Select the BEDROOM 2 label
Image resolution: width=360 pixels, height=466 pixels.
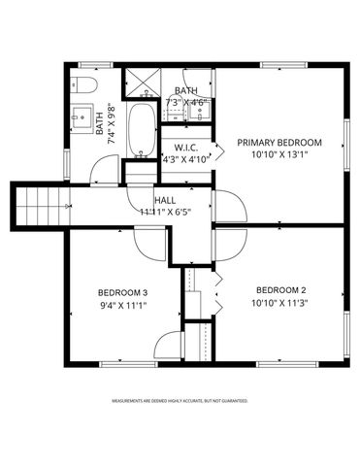(x=280, y=290)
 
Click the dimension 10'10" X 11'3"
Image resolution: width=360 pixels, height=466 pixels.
(x=280, y=303)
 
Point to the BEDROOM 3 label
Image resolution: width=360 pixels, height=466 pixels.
(x=122, y=292)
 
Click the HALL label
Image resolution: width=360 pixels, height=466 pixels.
(x=164, y=199)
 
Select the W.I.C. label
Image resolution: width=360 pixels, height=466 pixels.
(x=186, y=149)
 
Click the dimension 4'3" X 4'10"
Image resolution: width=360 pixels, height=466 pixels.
(x=186, y=160)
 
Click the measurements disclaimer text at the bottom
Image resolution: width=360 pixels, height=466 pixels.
(x=180, y=400)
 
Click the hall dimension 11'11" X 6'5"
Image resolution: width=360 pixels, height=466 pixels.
(x=164, y=211)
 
